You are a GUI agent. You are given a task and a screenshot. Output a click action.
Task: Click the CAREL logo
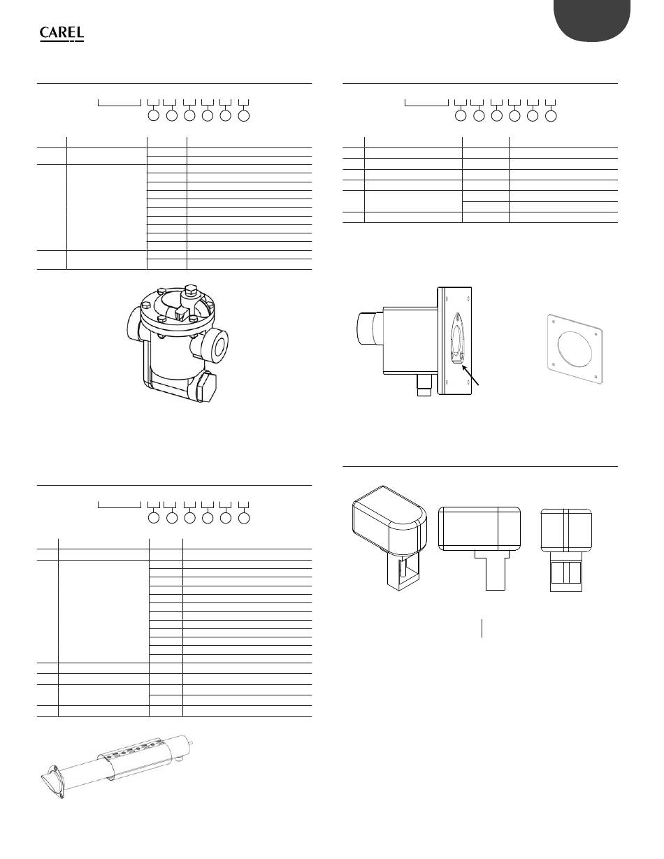[x=62, y=34]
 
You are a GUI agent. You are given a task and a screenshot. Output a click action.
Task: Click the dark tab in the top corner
[x=592, y=20]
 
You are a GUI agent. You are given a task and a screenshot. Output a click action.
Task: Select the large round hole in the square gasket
[x=575, y=348]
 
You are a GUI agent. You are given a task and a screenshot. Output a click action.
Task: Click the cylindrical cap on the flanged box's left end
[x=370, y=328]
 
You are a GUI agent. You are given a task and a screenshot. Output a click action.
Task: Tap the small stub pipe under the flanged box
[x=424, y=384]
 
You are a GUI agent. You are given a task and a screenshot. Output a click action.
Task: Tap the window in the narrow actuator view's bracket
[x=566, y=573]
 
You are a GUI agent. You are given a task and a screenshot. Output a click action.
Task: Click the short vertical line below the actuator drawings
[x=482, y=628]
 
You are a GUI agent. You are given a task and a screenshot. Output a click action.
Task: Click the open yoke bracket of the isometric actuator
[x=404, y=572]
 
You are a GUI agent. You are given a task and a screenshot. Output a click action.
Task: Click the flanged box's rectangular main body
[x=410, y=340]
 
